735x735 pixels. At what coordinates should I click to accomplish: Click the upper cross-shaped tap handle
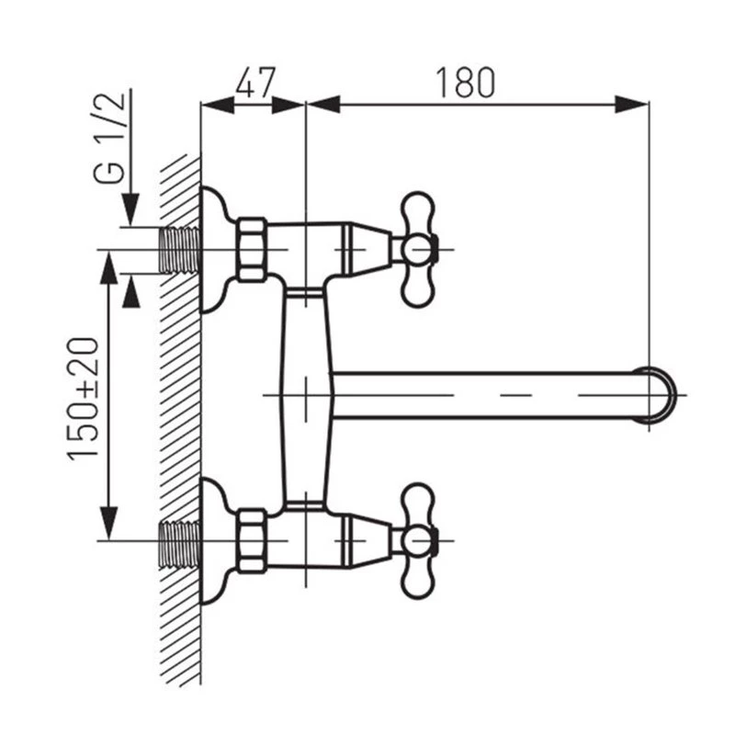coord(418,248)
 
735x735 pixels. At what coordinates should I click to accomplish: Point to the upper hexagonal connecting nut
coord(251,249)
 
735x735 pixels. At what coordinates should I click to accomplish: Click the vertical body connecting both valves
coord(303,395)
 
